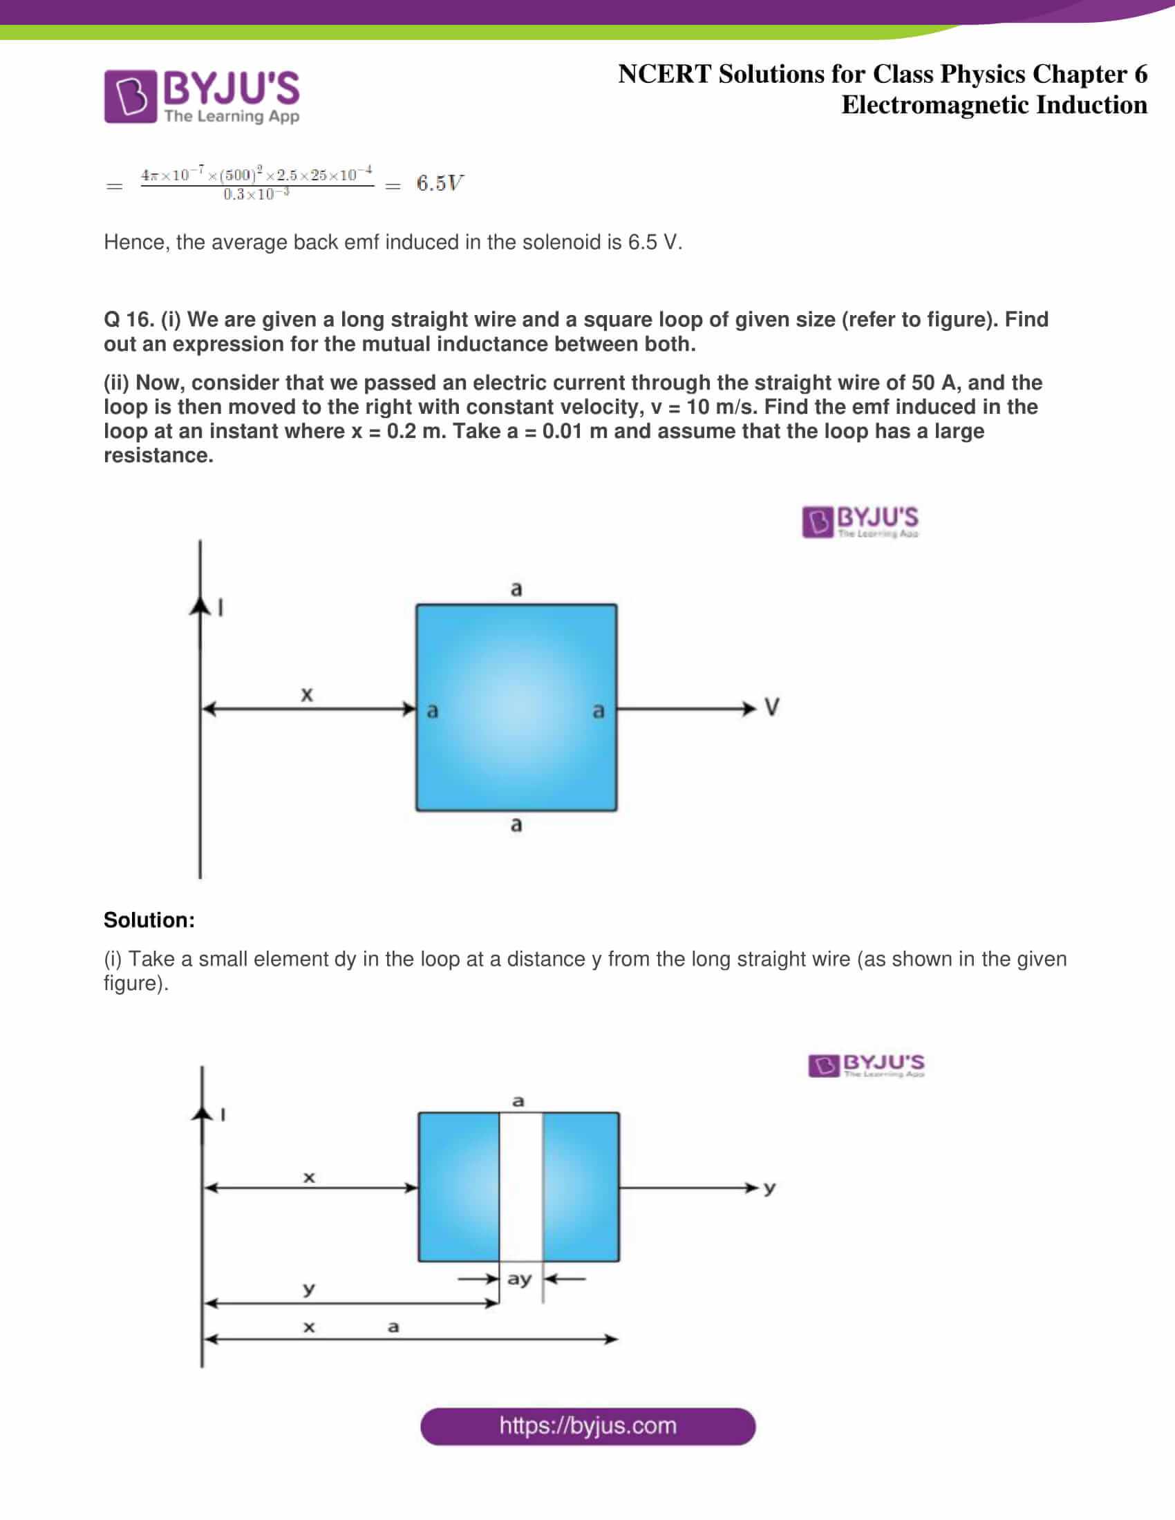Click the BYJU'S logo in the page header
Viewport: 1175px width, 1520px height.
202,96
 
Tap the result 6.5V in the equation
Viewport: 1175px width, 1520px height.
440,183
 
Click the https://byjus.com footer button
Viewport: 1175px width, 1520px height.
587,1426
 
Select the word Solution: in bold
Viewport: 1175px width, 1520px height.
149,920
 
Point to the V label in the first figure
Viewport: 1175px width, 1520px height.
771,707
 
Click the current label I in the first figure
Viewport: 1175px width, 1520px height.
221,608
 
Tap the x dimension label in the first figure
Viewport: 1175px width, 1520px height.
307,694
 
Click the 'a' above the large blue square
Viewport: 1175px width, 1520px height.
516,589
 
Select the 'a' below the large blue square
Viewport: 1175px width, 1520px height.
516,825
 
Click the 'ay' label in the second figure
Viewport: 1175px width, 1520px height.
519,1279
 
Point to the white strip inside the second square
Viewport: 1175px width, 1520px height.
520,1186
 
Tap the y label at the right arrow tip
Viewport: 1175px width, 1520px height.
769,1188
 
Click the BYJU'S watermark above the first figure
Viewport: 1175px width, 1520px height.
861,522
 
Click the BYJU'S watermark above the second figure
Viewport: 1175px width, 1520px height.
867,1065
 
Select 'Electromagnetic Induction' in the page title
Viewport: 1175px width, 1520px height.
994,105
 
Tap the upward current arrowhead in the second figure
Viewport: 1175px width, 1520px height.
202,1114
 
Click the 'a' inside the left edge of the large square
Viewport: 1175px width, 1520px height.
432,710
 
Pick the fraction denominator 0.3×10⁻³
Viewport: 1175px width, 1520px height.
256,195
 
